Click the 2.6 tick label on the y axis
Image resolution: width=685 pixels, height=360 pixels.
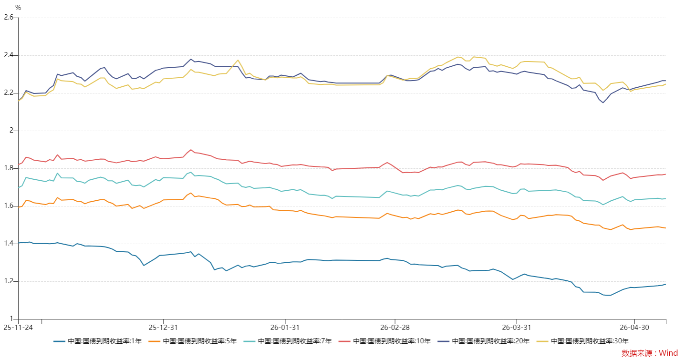pyautogui.click(x=9, y=18)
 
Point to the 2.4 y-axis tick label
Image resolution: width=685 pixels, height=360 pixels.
pyautogui.click(x=9, y=55)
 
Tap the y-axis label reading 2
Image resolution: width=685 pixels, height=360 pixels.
pyautogui.click(x=11, y=131)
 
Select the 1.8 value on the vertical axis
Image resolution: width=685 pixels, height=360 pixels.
pyautogui.click(x=9, y=168)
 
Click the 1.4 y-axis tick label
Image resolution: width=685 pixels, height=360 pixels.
pyautogui.click(x=9, y=244)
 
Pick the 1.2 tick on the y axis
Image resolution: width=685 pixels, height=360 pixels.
pyautogui.click(x=9, y=281)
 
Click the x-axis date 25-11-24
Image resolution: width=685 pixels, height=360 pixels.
pyautogui.click(x=18, y=327)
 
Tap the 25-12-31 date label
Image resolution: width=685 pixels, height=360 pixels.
pyautogui.click(x=163, y=327)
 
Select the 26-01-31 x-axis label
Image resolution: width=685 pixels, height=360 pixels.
pyautogui.click(x=285, y=327)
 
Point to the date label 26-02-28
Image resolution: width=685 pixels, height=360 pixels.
pyautogui.click(x=395, y=327)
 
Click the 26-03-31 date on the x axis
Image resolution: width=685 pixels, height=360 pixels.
pyautogui.click(x=517, y=327)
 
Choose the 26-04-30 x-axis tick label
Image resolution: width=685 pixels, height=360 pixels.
pyautogui.click(x=634, y=327)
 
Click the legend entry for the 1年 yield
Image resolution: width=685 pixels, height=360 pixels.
pyautogui.click(x=98, y=341)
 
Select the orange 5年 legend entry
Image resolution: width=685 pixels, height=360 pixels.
pyautogui.click(x=193, y=341)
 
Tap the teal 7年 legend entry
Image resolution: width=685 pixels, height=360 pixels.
pyautogui.click(x=288, y=341)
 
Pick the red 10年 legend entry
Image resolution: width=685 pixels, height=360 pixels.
pyautogui.click(x=384, y=341)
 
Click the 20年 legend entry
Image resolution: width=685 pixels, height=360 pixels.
pyautogui.click(x=484, y=341)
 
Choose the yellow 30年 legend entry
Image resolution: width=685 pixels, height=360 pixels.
pyautogui.click(x=582, y=341)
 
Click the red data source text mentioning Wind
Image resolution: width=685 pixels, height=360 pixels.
pyautogui.click(x=650, y=353)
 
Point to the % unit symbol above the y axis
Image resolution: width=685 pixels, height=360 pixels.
pyautogui.click(x=18, y=8)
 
